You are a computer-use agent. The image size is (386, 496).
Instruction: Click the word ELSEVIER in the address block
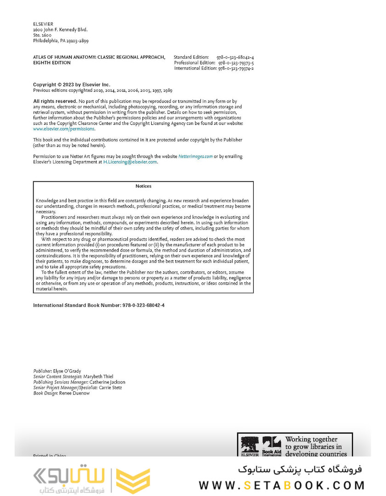[43, 24]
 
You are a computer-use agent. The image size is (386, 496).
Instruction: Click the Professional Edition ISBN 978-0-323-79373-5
[236, 62]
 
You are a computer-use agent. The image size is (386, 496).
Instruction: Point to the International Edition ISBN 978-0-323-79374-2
[236, 68]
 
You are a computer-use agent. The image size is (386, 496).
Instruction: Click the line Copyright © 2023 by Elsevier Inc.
[72, 85]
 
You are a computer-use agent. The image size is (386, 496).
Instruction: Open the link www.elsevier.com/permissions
[64, 129]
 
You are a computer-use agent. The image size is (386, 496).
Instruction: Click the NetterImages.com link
[195, 156]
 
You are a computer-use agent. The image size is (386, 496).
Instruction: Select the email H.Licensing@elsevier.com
[130, 162]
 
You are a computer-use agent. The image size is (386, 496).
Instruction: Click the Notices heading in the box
[143, 186]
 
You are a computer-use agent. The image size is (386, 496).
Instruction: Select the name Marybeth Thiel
[98, 377]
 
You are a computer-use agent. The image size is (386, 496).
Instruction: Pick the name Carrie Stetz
[112, 388]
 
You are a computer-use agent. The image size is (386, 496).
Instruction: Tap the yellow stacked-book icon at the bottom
[133, 481]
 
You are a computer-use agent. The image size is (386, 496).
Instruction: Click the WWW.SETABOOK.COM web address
[282, 485]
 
